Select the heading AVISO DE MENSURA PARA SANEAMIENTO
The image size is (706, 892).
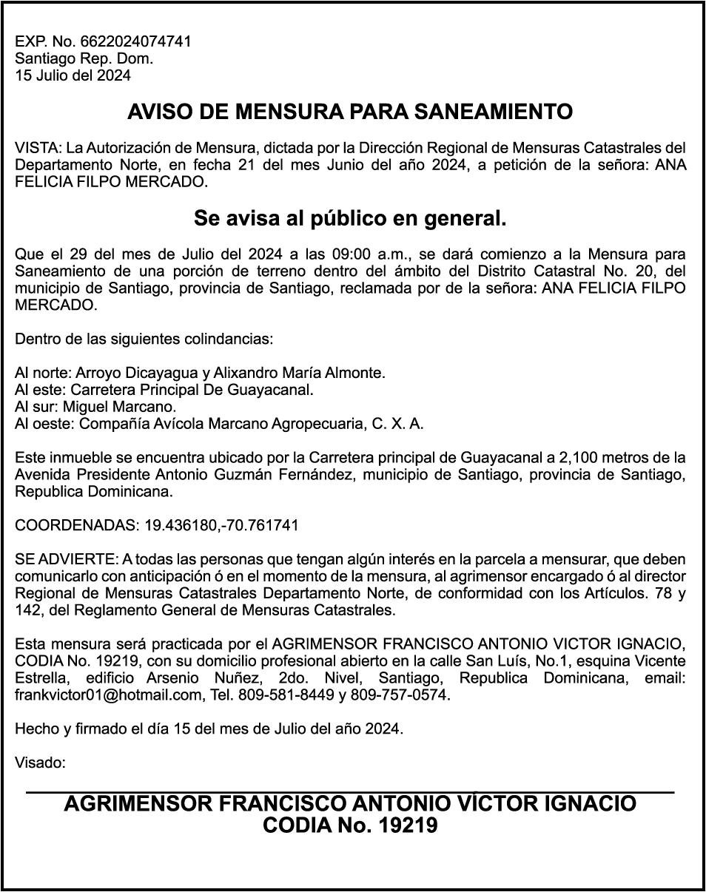click(x=350, y=112)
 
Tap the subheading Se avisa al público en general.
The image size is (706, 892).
click(x=350, y=219)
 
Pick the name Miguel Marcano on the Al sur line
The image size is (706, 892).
click(x=119, y=407)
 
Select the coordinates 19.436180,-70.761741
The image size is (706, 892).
click(x=221, y=525)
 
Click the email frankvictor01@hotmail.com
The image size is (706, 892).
click(x=108, y=695)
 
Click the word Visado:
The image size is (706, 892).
click(x=41, y=762)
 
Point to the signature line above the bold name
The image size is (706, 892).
click(x=350, y=793)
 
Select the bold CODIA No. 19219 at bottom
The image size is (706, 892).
click(x=350, y=825)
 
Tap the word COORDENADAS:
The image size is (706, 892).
click(x=76, y=525)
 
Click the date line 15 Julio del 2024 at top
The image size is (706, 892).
click(x=73, y=75)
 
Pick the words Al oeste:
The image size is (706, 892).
click(x=44, y=424)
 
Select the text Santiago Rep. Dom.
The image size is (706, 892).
click(x=84, y=58)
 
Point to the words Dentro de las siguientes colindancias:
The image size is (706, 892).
click(x=144, y=339)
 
